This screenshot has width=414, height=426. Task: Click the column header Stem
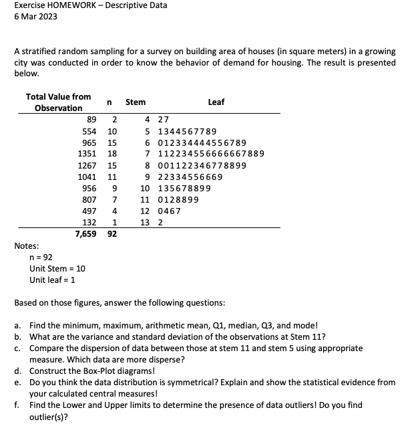coord(135,102)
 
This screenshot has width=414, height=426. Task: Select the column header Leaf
coord(216,102)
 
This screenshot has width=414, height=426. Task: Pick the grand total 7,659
coord(85,234)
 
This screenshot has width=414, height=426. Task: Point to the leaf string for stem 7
coord(210,154)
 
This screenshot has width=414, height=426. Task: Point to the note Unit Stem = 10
coord(57,268)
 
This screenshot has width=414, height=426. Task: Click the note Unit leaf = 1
coord(53,280)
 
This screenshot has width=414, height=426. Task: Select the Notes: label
coord(27,246)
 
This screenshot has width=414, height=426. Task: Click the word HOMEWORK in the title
coord(70,5)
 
